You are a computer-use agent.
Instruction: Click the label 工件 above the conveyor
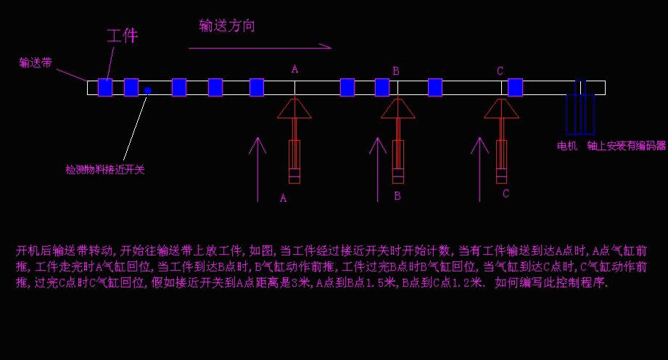pyautogui.click(x=122, y=36)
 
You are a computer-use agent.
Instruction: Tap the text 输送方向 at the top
pyautogui.click(x=227, y=26)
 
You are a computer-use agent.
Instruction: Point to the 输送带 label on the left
pyautogui.click(x=35, y=63)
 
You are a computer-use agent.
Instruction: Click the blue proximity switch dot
pyautogui.click(x=147, y=91)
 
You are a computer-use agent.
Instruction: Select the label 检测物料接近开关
pyautogui.click(x=105, y=170)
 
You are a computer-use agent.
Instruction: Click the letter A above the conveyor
pyautogui.click(x=294, y=69)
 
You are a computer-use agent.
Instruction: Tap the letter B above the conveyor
pyautogui.click(x=396, y=70)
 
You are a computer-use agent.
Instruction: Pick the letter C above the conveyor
pyautogui.click(x=500, y=70)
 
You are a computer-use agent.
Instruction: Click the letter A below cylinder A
pyautogui.click(x=283, y=197)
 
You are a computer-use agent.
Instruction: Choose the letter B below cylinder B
pyautogui.click(x=397, y=196)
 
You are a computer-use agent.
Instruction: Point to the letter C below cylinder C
pyautogui.click(x=506, y=193)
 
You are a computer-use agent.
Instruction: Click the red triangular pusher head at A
pyautogui.click(x=294, y=109)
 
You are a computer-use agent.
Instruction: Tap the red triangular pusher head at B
pyautogui.click(x=397, y=109)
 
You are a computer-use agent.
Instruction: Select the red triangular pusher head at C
pyautogui.click(x=501, y=109)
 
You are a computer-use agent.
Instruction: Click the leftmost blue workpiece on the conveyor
pyautogui.click(x=105, y=88)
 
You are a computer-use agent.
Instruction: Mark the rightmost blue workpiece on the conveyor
pyautogui.click(x=515, y=88)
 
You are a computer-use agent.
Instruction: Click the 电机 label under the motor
pyautogui.click(x=566, y=146)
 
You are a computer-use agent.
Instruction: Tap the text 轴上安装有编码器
pyautogui.click(x=627, y=146)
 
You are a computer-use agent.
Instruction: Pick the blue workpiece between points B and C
pyautogui.click(x=435, y=88)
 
